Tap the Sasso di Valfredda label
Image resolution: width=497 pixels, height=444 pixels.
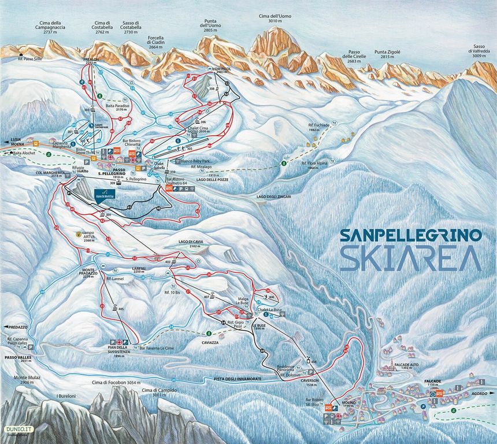click(x=479, y=53)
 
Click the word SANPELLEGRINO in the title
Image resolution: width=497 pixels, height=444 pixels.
click(x=410, y=235)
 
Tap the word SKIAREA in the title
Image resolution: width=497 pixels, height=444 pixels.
click(x=410, y=258)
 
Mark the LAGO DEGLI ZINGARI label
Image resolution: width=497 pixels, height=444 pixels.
click(x=274, y=197)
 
